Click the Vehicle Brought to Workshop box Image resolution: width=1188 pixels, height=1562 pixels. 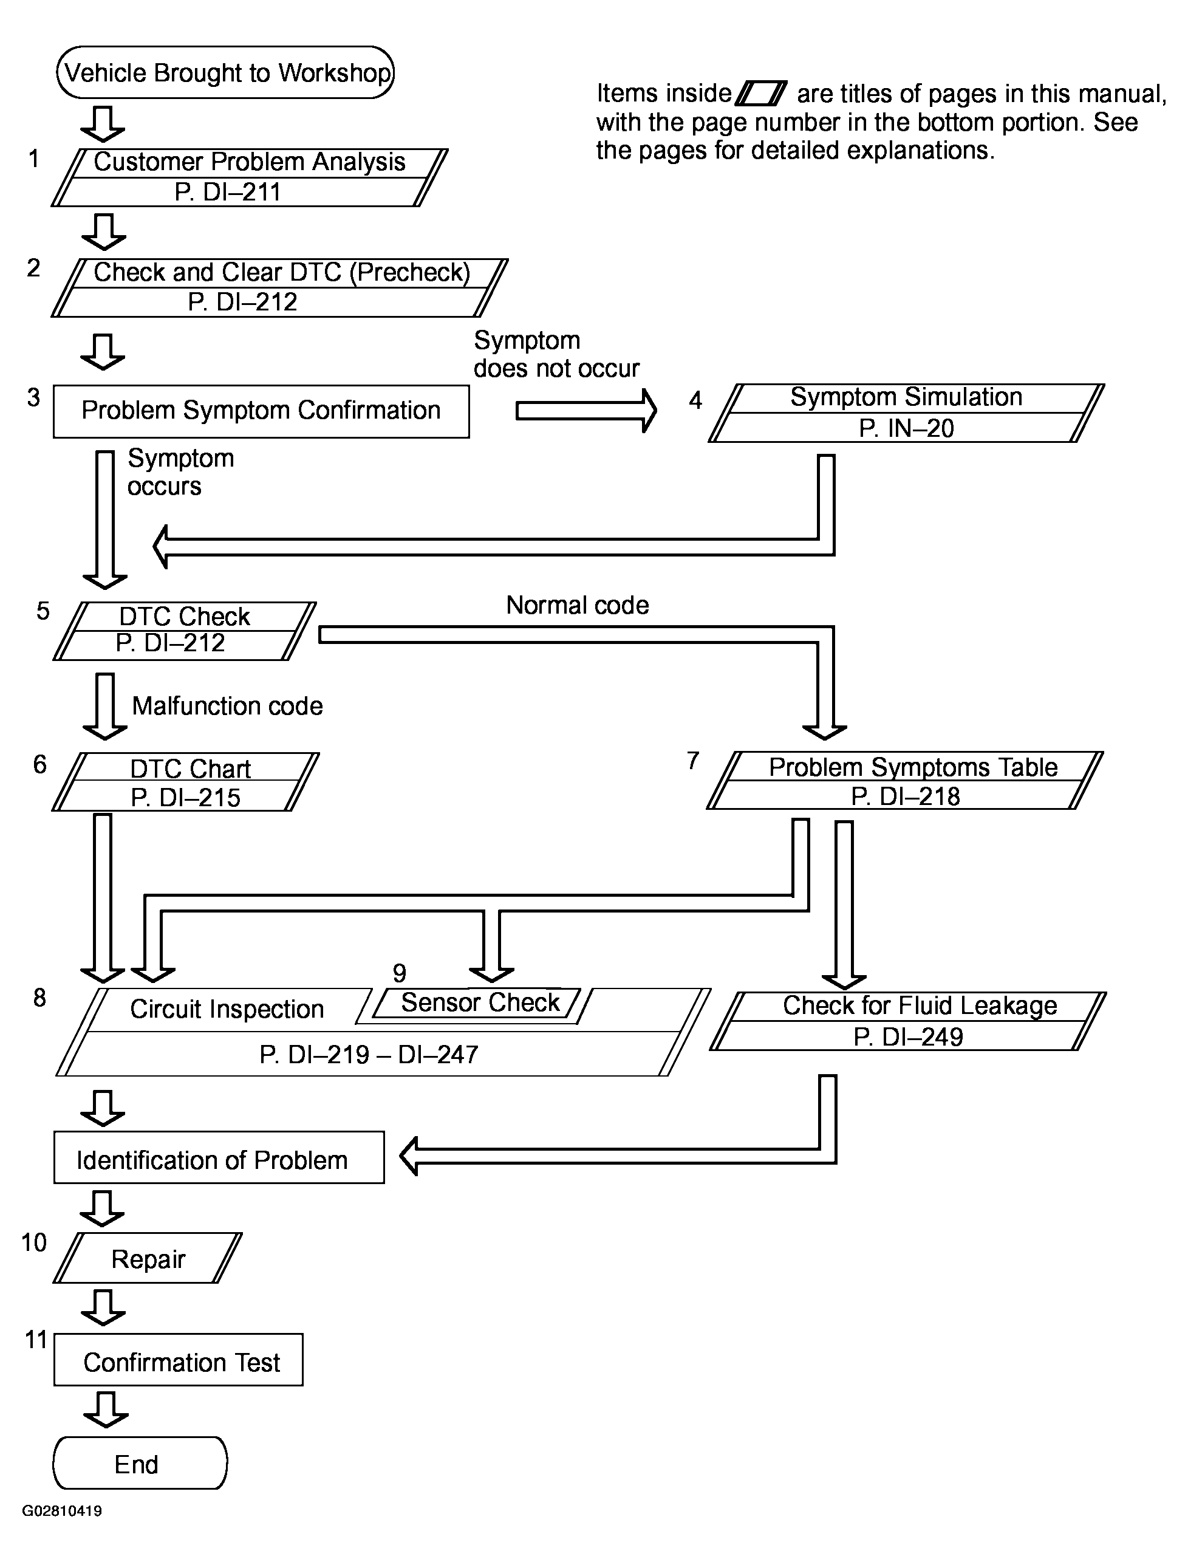coord(225,72)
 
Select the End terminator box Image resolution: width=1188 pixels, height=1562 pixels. coord(140,1464)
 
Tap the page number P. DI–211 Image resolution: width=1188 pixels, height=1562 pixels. coord(228,192)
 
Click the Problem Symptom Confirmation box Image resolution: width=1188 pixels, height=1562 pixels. coord(261,411)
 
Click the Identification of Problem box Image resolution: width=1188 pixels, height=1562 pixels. coord(219,1157)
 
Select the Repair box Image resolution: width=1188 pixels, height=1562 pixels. coord(148,1258)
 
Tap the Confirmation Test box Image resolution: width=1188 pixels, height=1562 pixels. coord(178,1359)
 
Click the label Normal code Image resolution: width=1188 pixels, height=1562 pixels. coord(577,605)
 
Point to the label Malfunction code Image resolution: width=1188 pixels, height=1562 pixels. coord(227,705)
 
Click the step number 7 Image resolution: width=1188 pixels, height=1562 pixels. coord(693,761)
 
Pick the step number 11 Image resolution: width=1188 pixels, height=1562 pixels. coord(36,1339)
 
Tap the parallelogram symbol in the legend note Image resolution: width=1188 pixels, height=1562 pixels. coord(761,94)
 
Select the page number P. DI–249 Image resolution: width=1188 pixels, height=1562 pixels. coord(908,1037)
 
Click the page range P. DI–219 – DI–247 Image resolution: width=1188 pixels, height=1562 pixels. coord(369,1055)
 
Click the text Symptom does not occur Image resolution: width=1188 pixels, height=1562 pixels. coord(556,354)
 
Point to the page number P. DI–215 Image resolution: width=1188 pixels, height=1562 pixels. coord(185,797)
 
